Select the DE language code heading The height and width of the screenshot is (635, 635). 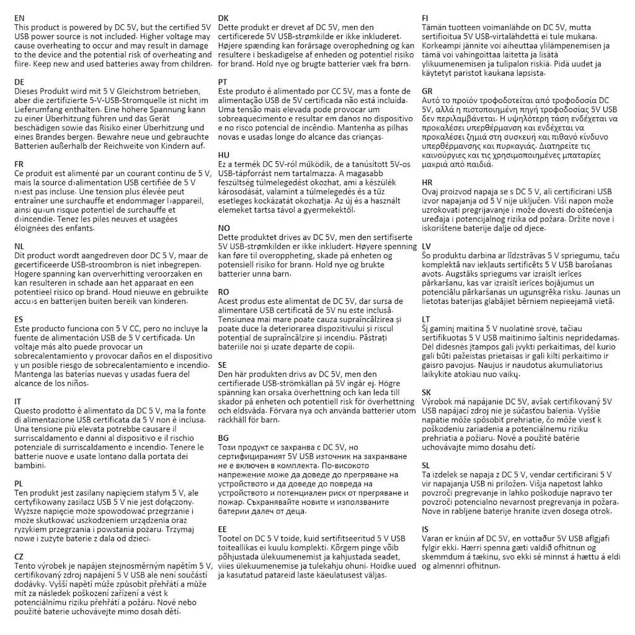point(19,82)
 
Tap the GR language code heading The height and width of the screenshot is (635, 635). point(427,91)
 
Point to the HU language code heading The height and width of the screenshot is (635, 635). point(224,154)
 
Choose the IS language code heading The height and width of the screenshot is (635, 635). point(425,529)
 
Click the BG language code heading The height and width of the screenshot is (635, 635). point(224,438)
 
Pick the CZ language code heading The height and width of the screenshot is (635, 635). point(19,557)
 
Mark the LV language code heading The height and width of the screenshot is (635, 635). point(427,246)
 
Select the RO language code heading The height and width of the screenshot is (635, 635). point(224,291)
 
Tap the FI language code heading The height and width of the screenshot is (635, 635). point(425,19)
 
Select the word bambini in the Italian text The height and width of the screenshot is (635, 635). point(29,466)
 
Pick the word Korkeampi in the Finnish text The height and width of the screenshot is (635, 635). point(440,46)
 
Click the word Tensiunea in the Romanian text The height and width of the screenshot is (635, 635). point(239,319)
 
